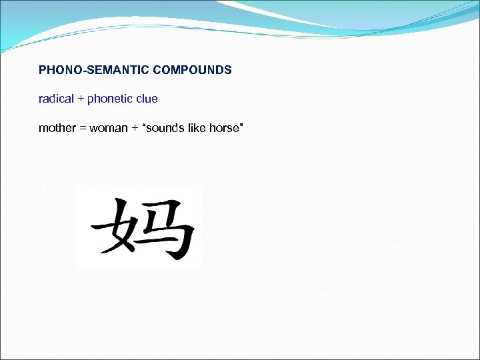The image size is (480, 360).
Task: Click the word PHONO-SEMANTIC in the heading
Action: (x=95, y=69)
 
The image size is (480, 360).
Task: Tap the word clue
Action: (x=146, y=99)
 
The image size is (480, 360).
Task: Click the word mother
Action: (x=57, y=127)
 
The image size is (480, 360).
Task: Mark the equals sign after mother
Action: (x=83, y=128)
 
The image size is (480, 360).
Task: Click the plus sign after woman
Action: (x=135, y=128)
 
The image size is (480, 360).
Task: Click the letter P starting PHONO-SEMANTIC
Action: (x=43, y=69)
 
